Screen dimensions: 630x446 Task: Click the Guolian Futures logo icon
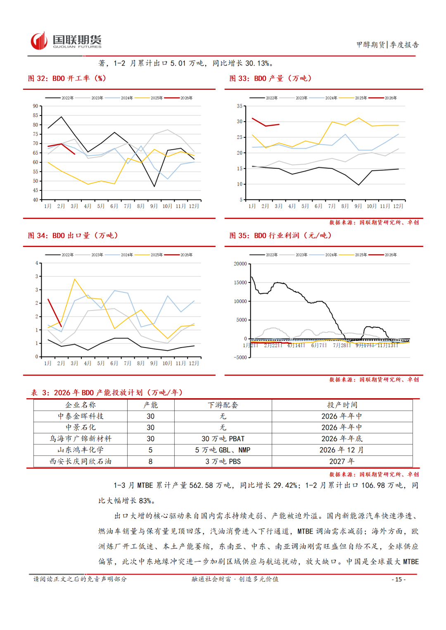click(x=39, y=41)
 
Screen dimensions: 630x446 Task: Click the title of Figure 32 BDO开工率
click(x=67, y=78)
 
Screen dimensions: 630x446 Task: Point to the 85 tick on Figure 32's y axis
click(x=36, y=115)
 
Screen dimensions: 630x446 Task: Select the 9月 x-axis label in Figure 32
click(x=154, y=206)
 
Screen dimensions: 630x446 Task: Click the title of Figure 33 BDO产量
click(x=270, y=78)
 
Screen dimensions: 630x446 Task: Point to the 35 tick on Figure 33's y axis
click(x=240, y=106)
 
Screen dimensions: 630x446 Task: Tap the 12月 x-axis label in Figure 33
click(x=398, y=206)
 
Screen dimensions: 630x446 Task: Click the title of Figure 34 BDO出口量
click(x=73, y=235)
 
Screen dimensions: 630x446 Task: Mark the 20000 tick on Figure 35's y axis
click(x=240, y=264)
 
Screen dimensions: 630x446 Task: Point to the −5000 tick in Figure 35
click(x=240, y=357)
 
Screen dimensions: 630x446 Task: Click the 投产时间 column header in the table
click(x=342, y=405)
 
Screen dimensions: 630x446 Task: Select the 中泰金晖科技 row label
click(x=81, y=416)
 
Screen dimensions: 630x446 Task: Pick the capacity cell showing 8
click(x=150, y=461)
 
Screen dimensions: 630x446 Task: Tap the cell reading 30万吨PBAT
click(x=223, y=439)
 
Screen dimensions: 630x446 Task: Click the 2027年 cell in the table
click(x=342, y=461)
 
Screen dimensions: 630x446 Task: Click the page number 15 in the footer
click(x=399, y=579)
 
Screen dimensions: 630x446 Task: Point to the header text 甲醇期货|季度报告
click(x=387, y=45)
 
